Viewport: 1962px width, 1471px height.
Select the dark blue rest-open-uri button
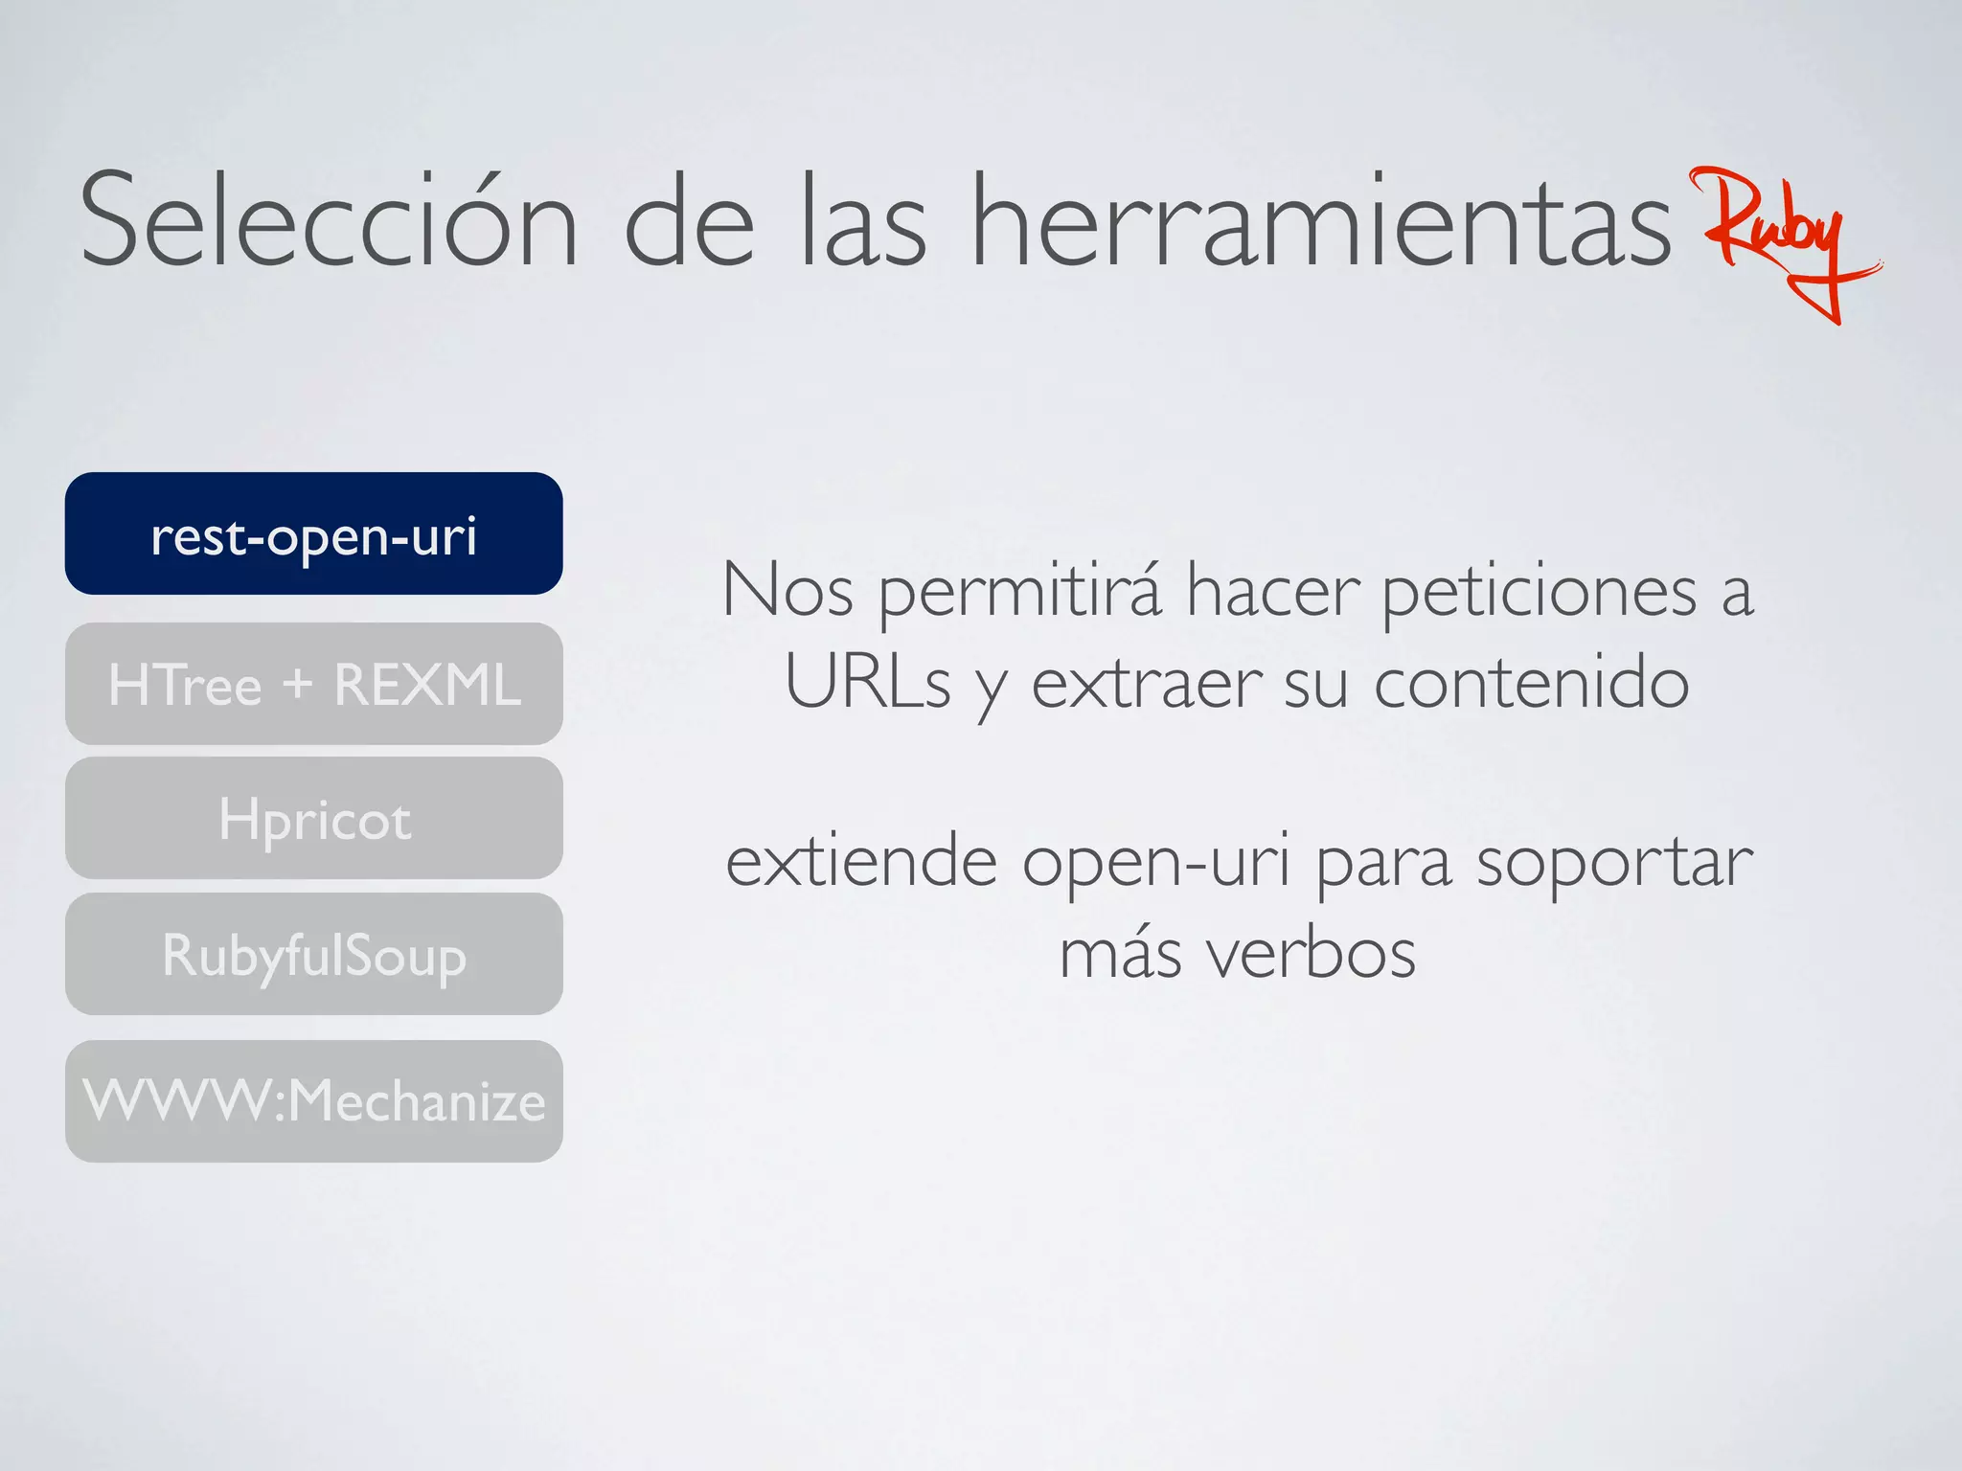click(313, 533)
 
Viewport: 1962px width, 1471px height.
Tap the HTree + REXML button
click(313, 684)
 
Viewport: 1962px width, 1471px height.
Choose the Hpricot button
click(313, 819)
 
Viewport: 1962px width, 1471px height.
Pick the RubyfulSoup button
click(313, 954)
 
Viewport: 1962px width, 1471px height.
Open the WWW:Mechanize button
click(313, 1100)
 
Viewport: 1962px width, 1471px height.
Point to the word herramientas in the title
click(1321, 222)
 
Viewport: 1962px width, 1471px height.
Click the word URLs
click(867, 683)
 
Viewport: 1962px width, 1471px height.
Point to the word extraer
click(1146, 683)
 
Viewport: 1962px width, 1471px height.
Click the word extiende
click(861, 861)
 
